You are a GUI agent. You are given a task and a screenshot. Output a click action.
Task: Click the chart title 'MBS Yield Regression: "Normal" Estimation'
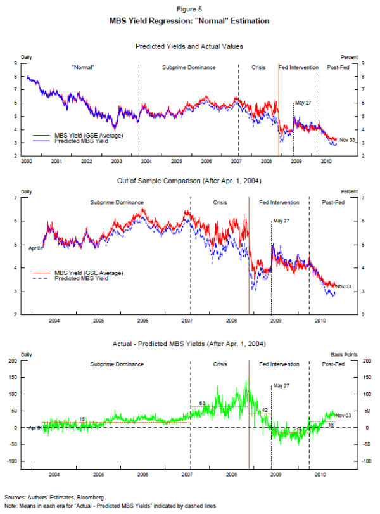[190, 21]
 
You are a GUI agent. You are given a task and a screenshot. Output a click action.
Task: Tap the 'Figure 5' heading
[190, 10]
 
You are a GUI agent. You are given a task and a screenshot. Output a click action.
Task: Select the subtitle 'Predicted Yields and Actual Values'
[189, 46]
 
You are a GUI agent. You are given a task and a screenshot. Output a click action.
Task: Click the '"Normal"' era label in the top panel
[84, 67]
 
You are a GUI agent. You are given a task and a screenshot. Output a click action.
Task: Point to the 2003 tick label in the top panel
[117, 162]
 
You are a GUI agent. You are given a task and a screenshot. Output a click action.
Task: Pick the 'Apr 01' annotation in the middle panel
[35, 248]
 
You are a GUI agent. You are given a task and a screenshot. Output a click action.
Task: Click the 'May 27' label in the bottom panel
[281, 385]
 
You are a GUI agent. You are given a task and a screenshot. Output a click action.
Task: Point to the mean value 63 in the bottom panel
[203, 403]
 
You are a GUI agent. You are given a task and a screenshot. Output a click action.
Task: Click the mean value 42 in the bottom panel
[265, 410]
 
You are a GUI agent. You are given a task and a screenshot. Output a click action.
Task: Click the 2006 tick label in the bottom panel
[143, 473]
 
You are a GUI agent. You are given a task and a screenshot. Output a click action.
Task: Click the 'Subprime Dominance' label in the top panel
[189, 67]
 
